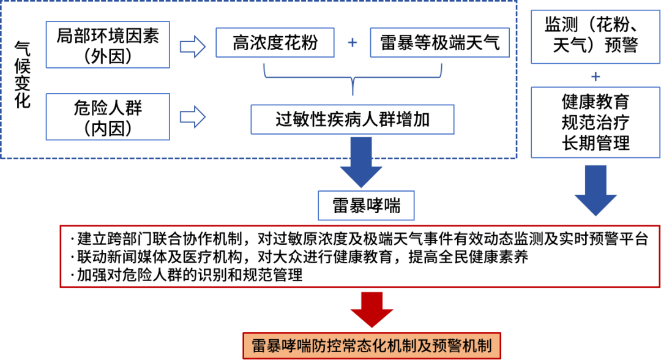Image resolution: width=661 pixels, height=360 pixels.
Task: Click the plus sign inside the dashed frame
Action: click(x=353, y=42)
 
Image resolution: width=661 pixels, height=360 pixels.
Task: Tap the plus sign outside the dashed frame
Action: click(x=595, y=77)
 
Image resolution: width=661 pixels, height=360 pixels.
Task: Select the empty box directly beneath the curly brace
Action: click(x=353, y=119)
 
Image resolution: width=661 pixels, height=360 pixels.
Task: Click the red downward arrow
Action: click(x=372, y=309)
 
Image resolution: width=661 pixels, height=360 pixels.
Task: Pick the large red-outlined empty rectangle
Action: click(x=360, y=257)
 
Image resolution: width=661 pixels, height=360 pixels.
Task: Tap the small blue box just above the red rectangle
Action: click(x=366, y=206)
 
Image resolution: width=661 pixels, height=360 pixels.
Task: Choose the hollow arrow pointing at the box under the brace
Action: click(x=192, y=116)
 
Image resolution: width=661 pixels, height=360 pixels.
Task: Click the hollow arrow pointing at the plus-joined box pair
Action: click(x=192, y=47)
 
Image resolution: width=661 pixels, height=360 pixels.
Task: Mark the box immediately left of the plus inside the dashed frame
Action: click(x=275, y=42)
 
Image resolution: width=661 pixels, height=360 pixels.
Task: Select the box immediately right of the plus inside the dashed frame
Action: click(x=439, y=42)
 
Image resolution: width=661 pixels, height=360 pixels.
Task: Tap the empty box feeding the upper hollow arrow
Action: click(x=108, y=45)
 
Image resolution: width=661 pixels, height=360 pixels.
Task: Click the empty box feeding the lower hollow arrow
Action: click(x=108, y=117)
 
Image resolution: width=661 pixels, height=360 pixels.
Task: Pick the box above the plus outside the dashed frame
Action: click(x=595, y=37)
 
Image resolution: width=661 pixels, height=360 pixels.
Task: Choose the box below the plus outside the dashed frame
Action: click(x=595, y=122)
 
